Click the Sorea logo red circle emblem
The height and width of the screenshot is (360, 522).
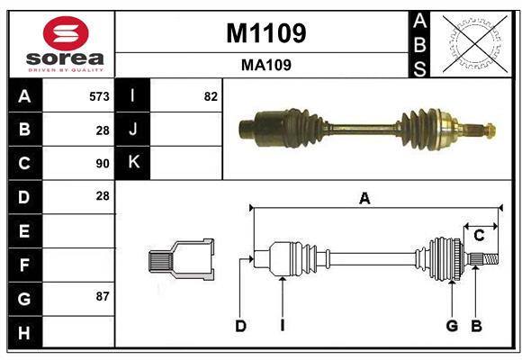pos(65,33)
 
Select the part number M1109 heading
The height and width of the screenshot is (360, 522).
pos(265,33)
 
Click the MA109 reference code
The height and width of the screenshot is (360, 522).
pos(265,65)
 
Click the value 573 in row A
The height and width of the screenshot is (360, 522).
pos(99,96)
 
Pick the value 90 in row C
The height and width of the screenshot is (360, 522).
pos(103,163)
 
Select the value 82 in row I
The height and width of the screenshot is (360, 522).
pos(211,96)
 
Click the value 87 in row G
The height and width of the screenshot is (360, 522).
pos(103,296)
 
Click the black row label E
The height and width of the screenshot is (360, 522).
pos(24,230)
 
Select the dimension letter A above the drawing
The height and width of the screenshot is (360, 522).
pos(364,199)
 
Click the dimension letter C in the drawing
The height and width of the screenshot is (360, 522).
pos(479,235)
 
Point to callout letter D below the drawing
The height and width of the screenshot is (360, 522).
pos(240,326)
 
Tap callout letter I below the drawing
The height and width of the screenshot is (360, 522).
pos(282,326)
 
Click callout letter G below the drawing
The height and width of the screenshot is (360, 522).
pos(452,326)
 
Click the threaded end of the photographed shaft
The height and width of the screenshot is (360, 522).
pos(486,130)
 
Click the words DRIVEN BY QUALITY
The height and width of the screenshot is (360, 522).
pos(66,69)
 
